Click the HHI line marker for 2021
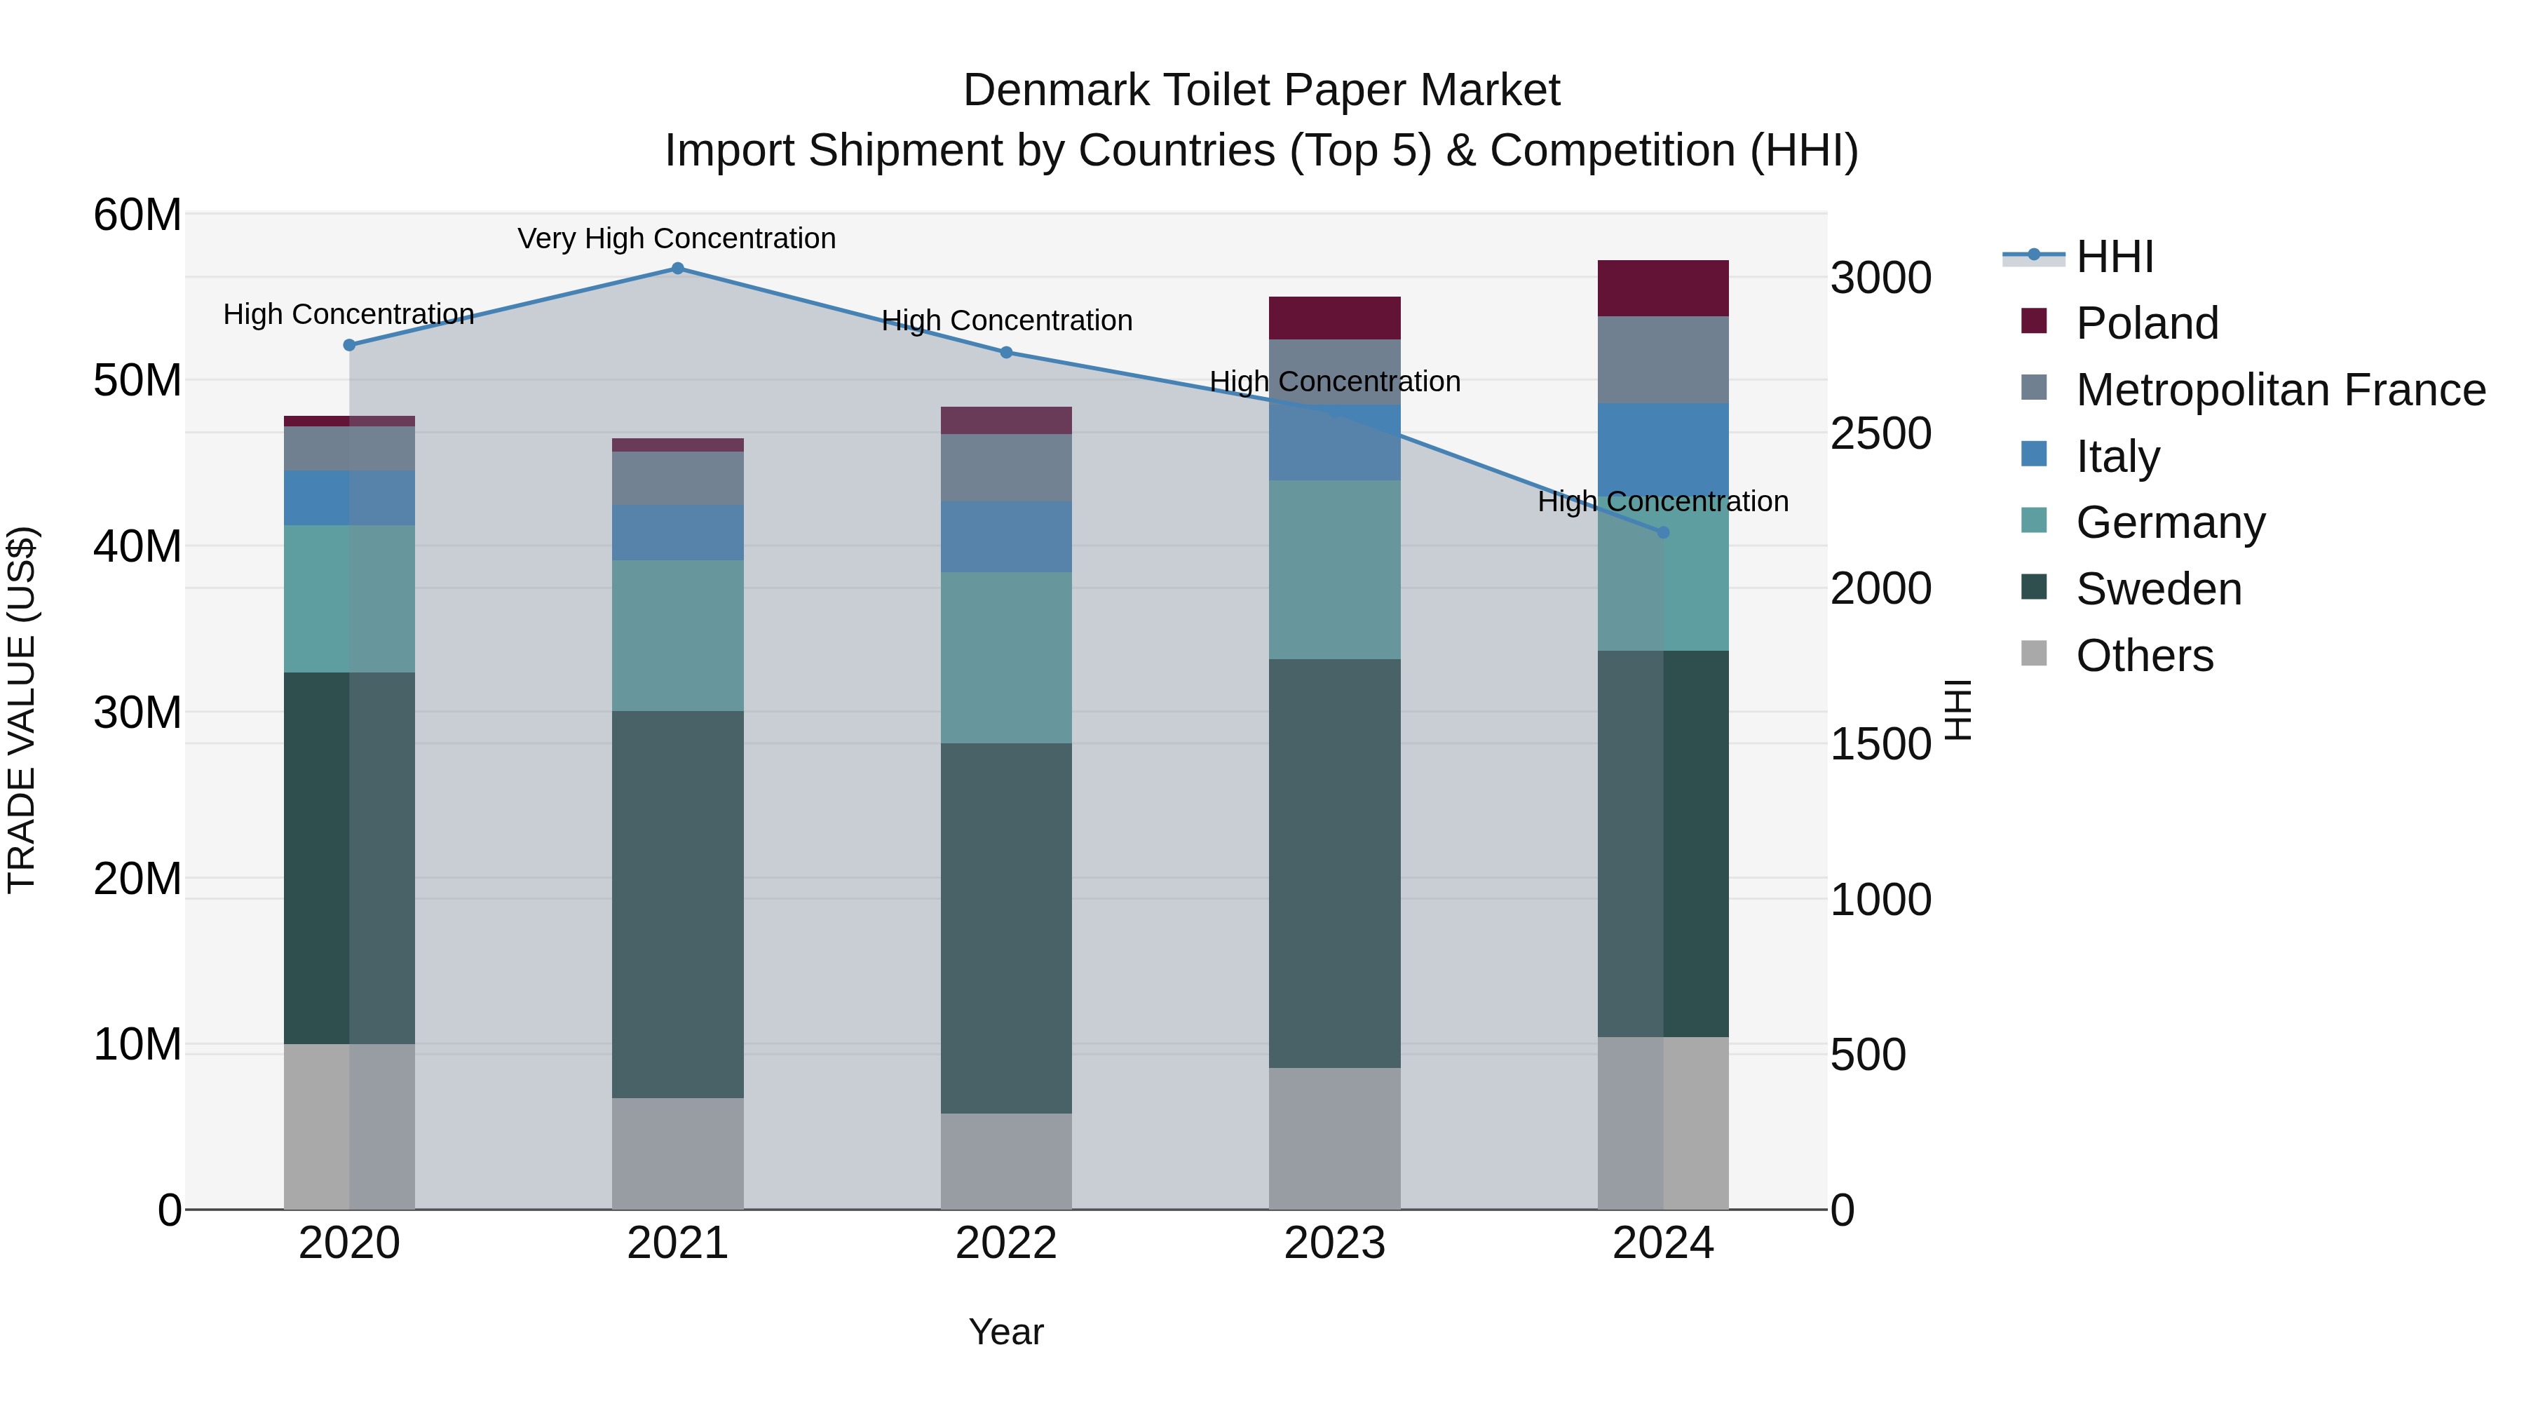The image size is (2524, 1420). coord(677,269)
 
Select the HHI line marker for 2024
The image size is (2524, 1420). coord(1663,532)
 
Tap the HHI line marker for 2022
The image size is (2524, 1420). coord(1006,353)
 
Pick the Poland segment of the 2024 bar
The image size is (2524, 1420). coord(1663,288)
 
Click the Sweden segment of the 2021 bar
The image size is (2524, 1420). coord(677,904)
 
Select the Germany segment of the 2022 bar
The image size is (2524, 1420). coord(1006,658)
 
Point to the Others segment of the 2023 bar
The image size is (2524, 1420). coord(1334,1138)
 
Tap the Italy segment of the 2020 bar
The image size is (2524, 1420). coord(349,498)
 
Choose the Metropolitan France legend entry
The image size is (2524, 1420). coord(2280,389)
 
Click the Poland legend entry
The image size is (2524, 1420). coord(2147,323)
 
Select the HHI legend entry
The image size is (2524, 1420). coord(2115,257)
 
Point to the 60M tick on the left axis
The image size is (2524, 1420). coord(137,215)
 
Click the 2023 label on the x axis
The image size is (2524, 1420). coord(1334,1243)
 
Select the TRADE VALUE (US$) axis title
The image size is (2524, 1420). coord(22,710)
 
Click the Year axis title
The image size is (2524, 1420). coord(1006,1332)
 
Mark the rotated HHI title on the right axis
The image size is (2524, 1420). coord(1958,710)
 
